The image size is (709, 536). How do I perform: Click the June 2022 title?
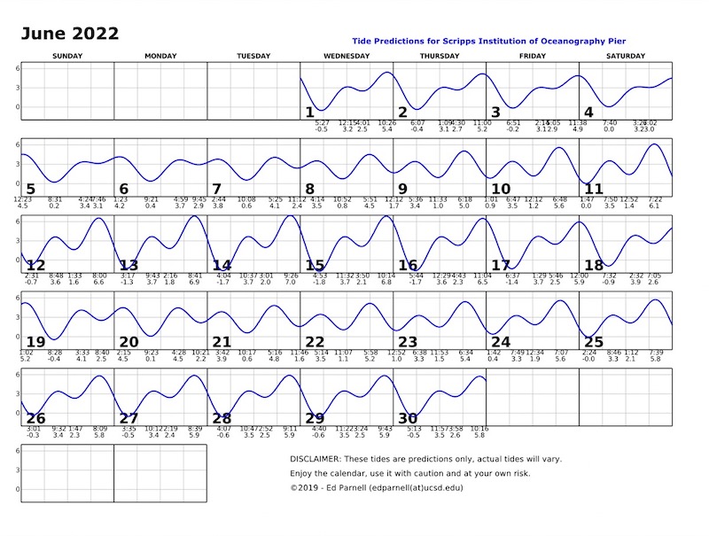[70, 34]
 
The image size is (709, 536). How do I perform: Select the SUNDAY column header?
[68, 56]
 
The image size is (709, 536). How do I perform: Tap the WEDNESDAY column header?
[347, 56]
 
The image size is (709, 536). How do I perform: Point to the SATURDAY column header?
[625, 56]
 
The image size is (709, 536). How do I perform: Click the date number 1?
[309, 113]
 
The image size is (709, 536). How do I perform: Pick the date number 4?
[588, 113]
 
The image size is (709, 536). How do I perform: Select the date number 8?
[309, 189]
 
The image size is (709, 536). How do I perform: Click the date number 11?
[594, 189]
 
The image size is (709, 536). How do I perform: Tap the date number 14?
[222, 266]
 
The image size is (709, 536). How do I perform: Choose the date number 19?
[35, 342]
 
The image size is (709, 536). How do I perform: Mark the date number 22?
[315, 342]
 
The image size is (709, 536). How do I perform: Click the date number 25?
[594, 342]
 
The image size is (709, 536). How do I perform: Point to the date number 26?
[35, 418]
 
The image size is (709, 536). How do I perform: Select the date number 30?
[408, 418]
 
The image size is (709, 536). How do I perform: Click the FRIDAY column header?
[532, 56]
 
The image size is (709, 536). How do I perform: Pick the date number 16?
[408, 266]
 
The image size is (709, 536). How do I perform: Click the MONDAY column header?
[160, 56]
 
